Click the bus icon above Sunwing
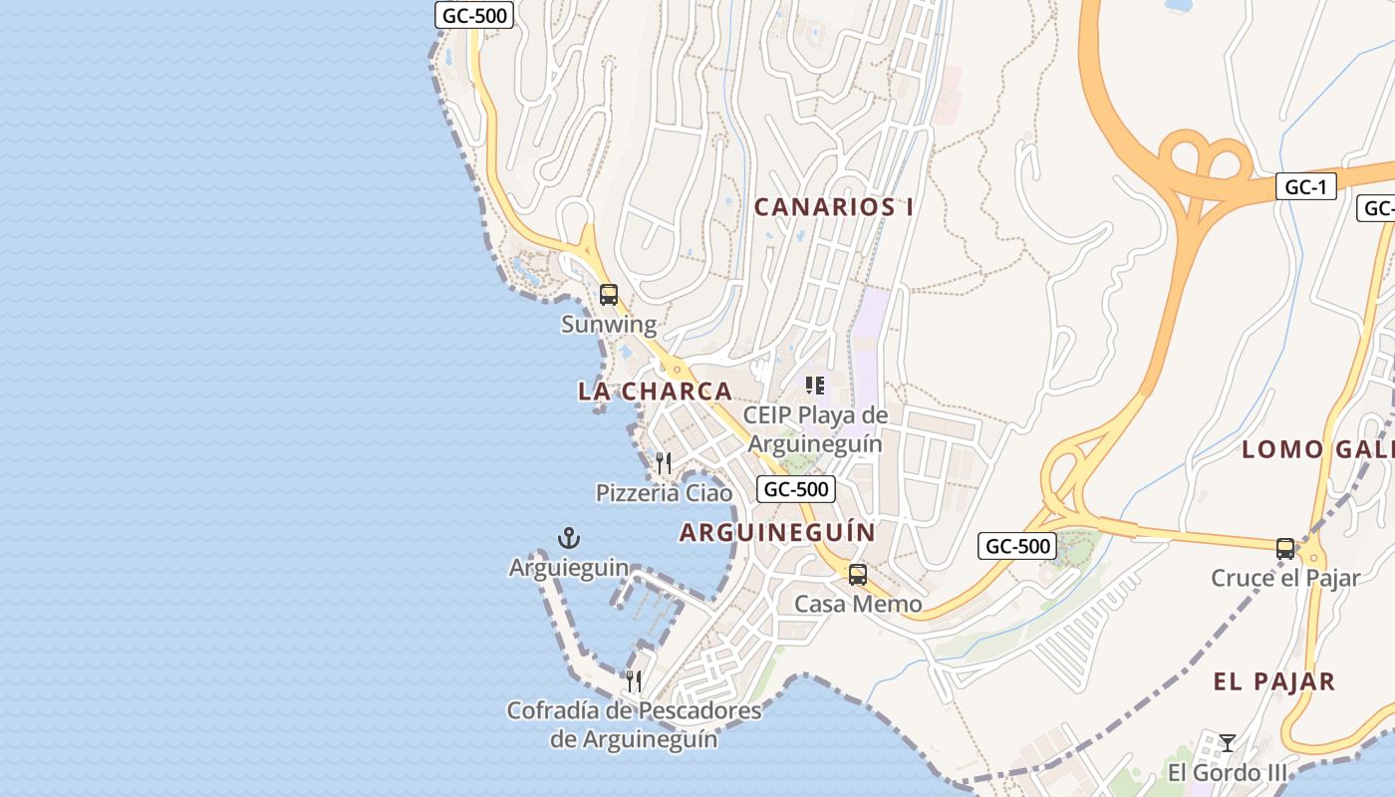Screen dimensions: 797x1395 [x=609, y=295]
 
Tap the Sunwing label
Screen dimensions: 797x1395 [x=609, y=325]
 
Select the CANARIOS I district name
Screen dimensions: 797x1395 [x=834, y=207]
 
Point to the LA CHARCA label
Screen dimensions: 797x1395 [x=655, y=392]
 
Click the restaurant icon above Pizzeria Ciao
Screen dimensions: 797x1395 [x=664, y=463]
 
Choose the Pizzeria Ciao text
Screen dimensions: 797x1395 [x=664, y=493]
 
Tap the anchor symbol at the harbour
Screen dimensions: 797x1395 [x=569, y=539]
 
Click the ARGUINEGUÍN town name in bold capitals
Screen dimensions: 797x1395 [x=777, y=533]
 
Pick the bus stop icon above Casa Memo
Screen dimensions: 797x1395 [x=858, y=575]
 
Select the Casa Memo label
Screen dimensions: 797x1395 [x=858, y=604]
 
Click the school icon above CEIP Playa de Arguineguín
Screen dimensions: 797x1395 [x=815, y=386]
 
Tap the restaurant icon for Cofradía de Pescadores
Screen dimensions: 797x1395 [x=634, y=682]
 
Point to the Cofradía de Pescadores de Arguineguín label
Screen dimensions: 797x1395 [x=634, y=725]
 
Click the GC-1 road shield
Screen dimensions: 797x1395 [x=1305, y=186]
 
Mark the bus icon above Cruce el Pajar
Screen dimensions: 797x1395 [x=1285, y=548]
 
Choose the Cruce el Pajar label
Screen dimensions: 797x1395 [x=1285, y=578]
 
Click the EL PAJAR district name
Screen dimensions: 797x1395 [x=1273, y=682]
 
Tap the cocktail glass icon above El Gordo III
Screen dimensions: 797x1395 [x=1228, y=743]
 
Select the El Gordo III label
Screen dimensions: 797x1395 [x=1228, y=773]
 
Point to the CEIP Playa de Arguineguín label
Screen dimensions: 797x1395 [x=815, y=429]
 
